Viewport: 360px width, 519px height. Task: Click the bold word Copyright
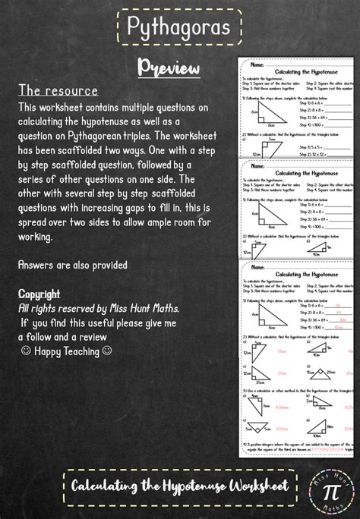tap(39, 293)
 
